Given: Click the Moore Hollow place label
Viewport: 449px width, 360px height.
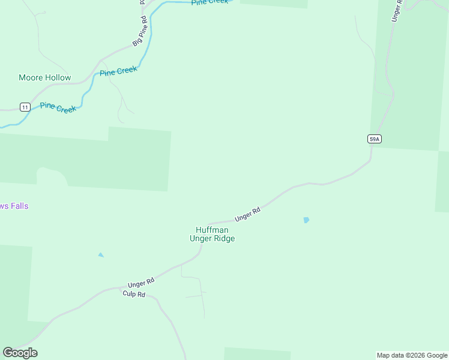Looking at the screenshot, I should (x=45, y=77).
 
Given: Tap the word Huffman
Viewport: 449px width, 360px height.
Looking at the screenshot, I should (x=212, y=230).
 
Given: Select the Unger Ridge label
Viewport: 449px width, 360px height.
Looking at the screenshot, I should (x=212, y=238).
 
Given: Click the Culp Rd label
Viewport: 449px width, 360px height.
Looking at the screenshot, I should (x=134, y=294).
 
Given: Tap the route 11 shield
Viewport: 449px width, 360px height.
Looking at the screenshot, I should (x=25, y=107).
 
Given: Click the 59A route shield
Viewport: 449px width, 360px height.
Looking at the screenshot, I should (x=375, y=139).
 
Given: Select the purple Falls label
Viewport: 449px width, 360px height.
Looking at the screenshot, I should (x=14, y=206).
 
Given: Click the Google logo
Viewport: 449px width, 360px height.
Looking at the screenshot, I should (x=20, y=353).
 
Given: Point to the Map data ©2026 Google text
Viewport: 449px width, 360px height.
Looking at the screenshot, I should (x=412, y=355).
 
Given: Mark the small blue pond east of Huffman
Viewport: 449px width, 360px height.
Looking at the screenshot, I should (x=306, y=220).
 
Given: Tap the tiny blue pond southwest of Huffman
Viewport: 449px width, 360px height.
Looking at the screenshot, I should (x=101, y=255).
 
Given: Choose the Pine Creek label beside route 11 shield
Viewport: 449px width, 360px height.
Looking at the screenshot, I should (x=58, y=108).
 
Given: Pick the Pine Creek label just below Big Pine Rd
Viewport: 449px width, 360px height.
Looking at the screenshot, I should (x=118, y=71).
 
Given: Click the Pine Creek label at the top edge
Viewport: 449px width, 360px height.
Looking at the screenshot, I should (x=210, y=2).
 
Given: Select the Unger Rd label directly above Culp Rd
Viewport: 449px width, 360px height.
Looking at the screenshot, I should (x=142, y=282).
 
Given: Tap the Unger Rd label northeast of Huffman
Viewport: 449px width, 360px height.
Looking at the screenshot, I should (x=247, y=214).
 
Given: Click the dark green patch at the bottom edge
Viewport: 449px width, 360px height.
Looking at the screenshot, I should (x=257, y=354).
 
